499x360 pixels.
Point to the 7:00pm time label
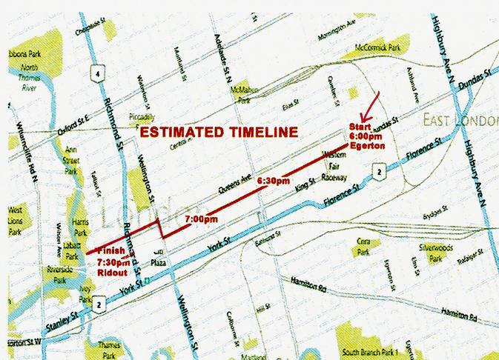200,219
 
